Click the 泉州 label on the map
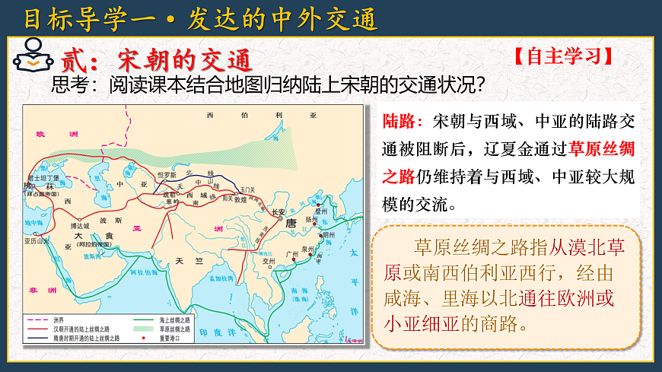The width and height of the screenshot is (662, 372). (x=307, y=249)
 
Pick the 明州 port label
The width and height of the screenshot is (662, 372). (x=327, y=235)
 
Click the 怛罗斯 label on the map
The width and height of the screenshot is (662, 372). (x=166, y=174)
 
